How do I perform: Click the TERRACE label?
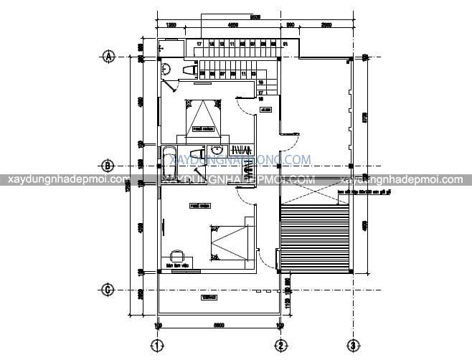(209, 296)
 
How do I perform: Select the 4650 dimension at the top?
(233, 25)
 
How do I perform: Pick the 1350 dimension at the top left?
(172, 25)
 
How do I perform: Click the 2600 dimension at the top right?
(326, 25)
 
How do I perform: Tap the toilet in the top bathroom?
(190, 70)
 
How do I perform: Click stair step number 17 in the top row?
(199, 44)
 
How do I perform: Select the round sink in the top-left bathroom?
(166, 69)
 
